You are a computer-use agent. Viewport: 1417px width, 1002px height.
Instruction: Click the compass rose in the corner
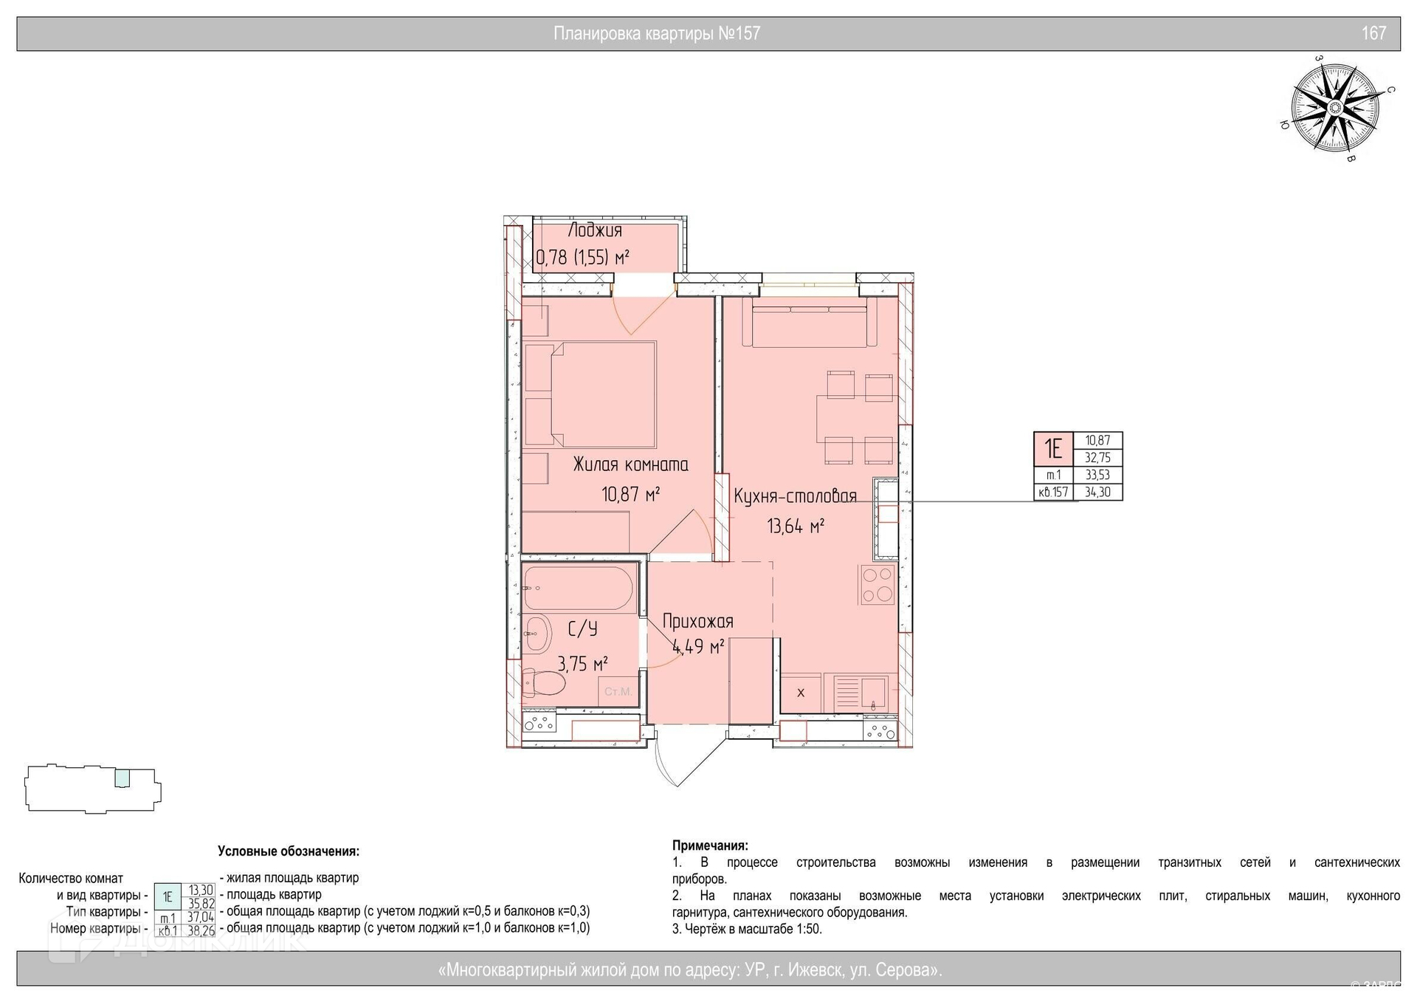click(x=1334, y=108)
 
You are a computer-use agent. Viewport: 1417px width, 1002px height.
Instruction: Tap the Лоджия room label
click(x=595, y=230)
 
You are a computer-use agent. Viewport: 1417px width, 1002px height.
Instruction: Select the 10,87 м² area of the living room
click(x=630, y=493)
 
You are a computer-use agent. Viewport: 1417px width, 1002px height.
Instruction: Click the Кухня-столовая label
click(x=795, y=495)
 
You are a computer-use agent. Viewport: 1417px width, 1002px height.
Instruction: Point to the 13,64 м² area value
click(x=796, y=526)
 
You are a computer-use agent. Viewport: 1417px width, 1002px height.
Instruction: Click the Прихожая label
click(x=697, y=621)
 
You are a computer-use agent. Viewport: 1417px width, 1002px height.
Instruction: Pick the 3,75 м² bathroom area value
click(x=582, y=663)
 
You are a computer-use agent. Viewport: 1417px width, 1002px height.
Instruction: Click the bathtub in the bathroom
click(x=579, y=588)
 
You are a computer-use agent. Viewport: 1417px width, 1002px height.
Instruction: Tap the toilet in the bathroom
click(x=543, y=682)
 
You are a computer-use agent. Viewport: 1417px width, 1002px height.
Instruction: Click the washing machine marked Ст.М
click(x=617, y=692)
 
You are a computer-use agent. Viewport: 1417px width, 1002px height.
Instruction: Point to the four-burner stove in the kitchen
click(x=878, y=585)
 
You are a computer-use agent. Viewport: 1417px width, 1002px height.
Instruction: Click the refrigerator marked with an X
click(x=801, y=693)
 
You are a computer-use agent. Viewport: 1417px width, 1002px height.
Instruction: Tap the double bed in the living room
click(x=590, y=394)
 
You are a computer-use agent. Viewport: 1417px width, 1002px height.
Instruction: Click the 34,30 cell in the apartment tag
click(x=1098, y=492)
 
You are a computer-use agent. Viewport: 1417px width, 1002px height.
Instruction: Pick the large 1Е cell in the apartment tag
click(x=1053, y=449)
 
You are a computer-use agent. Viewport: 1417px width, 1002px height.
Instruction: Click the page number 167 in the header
click(x=1373, y=33)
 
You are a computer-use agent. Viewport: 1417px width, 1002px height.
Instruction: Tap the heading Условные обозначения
click(x=289, y=851)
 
